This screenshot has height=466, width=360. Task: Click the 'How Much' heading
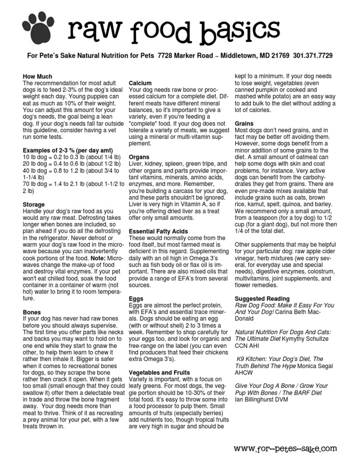point(37,76)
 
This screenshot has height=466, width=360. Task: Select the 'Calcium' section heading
point(140,83)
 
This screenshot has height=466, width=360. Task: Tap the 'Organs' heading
point(139,158)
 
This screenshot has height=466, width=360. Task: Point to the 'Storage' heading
point(34,205)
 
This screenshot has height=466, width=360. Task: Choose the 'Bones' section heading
point(32,312)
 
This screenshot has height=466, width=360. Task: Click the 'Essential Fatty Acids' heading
point(158,232)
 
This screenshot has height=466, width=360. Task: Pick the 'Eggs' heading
point(135,298)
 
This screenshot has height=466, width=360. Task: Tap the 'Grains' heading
point(244,124)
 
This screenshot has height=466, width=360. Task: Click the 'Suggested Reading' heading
point(262,298)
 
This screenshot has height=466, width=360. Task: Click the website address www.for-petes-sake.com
point(285,449)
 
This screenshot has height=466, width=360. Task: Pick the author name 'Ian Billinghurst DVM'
point(263,399)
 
